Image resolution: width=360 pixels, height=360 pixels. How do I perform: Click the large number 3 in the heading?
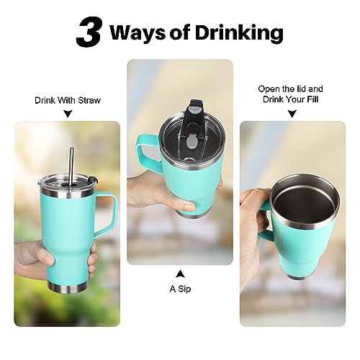coord(89,32)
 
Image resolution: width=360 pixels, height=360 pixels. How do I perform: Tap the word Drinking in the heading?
coord(239,32)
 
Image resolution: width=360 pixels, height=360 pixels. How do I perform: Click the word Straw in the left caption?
coord(89,100)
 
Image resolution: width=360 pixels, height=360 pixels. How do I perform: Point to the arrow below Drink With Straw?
coord(68,114)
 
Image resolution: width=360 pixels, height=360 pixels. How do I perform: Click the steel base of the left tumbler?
coord(68,288)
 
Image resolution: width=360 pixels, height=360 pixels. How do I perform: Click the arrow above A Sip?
coord(180,274)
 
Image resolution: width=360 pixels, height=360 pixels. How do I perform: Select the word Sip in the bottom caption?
coord(184,289)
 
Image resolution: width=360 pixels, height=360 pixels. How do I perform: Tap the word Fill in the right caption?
coord(313,99)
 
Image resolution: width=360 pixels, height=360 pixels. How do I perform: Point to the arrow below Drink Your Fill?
coord(292,114)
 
